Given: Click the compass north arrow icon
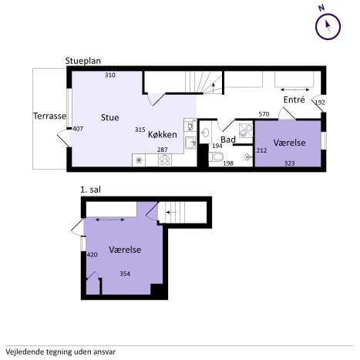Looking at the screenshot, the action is [328, 27].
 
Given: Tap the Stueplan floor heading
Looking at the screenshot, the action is [83, 61].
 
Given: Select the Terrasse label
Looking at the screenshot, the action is [50, 116].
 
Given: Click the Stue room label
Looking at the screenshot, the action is [109, 117].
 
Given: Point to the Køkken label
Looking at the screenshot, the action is [163, 134].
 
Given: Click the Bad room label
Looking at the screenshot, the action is [228, 140].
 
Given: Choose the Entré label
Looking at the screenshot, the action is [294, 99].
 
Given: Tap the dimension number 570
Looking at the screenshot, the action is [264, 114].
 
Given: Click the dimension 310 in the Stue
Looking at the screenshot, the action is [110, 75].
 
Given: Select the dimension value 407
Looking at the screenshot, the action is [78, 129].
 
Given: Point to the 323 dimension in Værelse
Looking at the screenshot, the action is [289, 163].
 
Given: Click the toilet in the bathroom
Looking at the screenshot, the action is [215, 156].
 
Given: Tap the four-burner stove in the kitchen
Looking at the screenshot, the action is [165, 160].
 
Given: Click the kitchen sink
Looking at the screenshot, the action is [190, 143].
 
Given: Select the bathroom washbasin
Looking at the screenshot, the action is [206, 133].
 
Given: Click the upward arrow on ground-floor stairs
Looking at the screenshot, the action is [213, 88].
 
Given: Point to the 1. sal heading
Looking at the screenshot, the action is [90, 190].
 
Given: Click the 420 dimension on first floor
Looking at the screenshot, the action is [93, 254].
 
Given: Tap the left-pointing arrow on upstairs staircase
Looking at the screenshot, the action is [171, 212].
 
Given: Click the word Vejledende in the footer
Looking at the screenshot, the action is [25, 352].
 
